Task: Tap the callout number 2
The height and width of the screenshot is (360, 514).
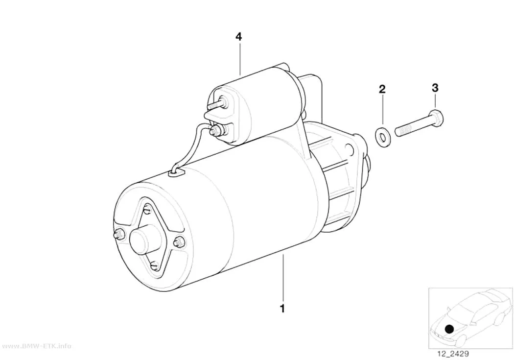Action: coord(382,89)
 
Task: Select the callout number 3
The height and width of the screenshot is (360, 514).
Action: coord(435,88)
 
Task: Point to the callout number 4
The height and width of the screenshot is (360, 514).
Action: coord(239,36)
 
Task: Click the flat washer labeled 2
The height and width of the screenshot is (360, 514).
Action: coord(381,135)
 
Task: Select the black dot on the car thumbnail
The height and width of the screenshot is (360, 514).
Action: coord(450,329)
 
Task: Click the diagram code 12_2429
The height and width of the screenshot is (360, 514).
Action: coord(453,354)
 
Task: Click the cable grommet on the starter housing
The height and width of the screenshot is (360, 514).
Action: coord(176,172)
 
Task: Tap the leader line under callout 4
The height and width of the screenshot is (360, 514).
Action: coord(240,59)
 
